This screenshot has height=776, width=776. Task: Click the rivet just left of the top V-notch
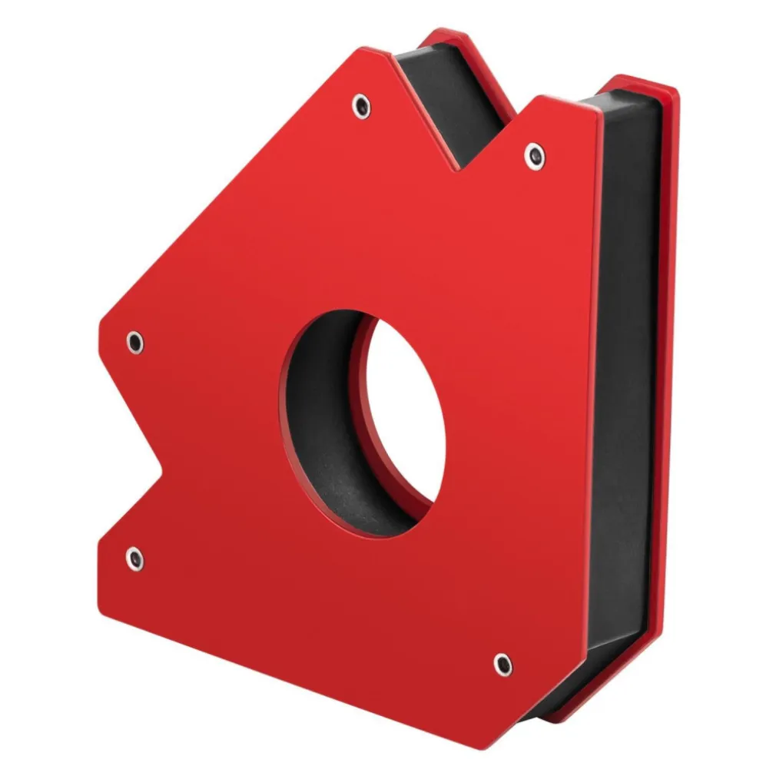point(360,106)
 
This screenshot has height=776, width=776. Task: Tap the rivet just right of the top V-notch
point(535,156)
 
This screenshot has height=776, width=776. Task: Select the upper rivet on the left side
point(134,342)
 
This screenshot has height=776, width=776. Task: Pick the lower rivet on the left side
point(134,559)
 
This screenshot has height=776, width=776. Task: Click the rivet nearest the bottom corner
point(502,664)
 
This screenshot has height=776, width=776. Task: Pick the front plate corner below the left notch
point(101,538)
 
